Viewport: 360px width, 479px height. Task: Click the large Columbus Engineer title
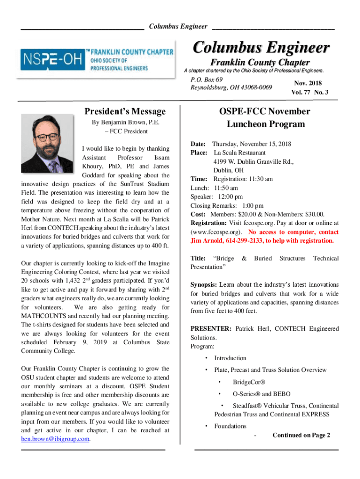[x=261, y=48]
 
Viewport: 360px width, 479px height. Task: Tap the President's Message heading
[x=125, y=111]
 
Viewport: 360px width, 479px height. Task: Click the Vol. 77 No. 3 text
[x=309, y=92]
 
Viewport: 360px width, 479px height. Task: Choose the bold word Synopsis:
[x=203, y=284]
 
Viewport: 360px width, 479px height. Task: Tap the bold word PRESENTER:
[x=210, y=329]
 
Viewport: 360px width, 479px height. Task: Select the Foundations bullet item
[x=230, y=426]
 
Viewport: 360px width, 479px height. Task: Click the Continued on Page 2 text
[x=301, y=435]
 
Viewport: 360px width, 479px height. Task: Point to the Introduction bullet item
[x=230, y=358]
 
